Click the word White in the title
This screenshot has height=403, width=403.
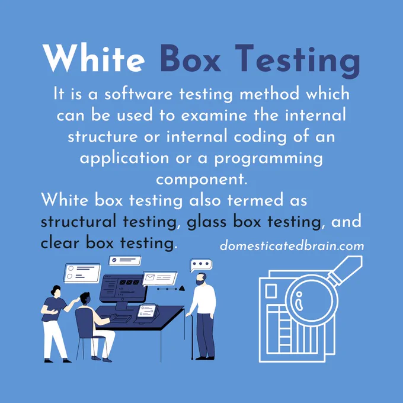[x=94, y=58]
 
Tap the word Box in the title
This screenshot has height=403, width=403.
[x=190, y=58]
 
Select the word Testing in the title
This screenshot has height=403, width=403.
[x=298, y=61]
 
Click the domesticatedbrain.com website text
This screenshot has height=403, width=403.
[x=292, y=246]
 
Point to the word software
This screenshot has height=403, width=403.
[x=139, y=94]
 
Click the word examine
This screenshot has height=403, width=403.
[x=214, y=115]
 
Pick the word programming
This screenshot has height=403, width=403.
[x=268, y=159]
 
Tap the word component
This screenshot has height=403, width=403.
[x=201, y=180]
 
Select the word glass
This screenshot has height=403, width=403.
[x=206, y=222]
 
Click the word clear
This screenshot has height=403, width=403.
[x=60, y=242]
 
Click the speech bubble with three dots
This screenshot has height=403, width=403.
[x=201, y=265]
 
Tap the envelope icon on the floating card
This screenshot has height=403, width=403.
[x=149, y=277]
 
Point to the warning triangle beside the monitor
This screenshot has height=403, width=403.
[x=182, y=288]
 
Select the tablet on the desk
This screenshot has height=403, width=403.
[x=147, y=312]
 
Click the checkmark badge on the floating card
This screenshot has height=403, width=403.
[x=114, y=260]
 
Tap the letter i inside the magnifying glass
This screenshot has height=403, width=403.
[x=299, y=301]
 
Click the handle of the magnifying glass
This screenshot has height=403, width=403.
[x=346, y=270]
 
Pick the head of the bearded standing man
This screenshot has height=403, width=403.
[x=201, y=279]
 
